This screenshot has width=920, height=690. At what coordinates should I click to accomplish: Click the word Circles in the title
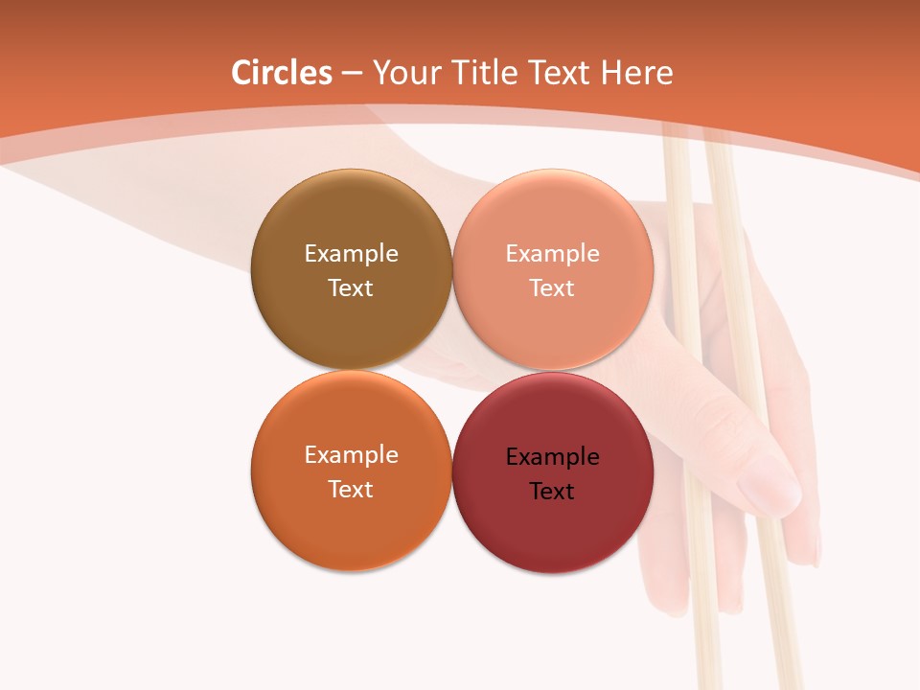[x=281, y=73]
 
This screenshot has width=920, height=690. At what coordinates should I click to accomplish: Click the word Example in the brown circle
[x=351, y=253]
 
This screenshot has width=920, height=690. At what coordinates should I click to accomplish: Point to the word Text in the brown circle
[x=351, y=287]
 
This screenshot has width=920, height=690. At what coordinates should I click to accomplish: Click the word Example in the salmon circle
[x=552, y=253]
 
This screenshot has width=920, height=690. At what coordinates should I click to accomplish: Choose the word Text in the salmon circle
[x=552, y=287]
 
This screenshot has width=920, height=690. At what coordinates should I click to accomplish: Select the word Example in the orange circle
[x=351, y=454]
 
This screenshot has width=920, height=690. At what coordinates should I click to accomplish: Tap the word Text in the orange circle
[x=351, y=489]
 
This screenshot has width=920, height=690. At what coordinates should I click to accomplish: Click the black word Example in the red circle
[x=552, y=456]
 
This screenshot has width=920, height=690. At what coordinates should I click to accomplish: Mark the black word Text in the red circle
[x=552, y=491]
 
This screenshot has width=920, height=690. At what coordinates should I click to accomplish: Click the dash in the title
[x=351, y=73]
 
